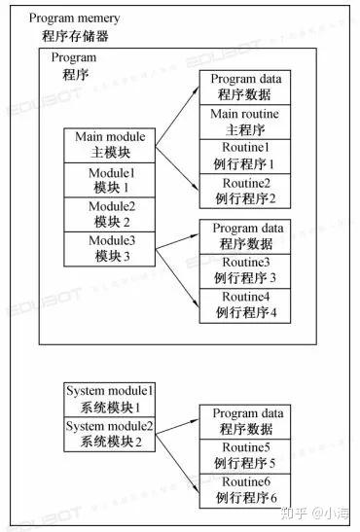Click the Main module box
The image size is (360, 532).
pyautogui.click(x=110, y=145)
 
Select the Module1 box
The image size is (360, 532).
pyautogui.click(x=110, y=180)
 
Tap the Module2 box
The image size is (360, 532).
pyautogui.click(x=110, y=214)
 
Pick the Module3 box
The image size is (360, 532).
pyautogui.click(x=110, y=249)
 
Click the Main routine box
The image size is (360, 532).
pyautogui.click(x=245, y=122)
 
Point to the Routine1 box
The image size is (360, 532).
pyautogui.click(x=245, y=157)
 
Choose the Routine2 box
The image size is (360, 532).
pyautogui.click(x=245, y=191)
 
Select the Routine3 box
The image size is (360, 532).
pyautogui.click(x=245, y=271)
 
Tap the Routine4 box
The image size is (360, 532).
pyautogui.click(x=245, y=305)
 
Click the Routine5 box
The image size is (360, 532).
pyautogui.click(x=245, y=456)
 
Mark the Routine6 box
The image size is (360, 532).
pyautogui.click(x=245, y=491)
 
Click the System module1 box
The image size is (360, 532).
pyautogui.click(x=110, y=400)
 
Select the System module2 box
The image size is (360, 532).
pyautogui.click(x=110, y=435)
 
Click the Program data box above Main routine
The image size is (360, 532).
pyautogui.click(x=245, y=88)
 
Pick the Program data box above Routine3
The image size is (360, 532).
pyautogui.click(x=245, y=236)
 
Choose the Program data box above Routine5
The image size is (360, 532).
pyautogui.click(x=245, y=422)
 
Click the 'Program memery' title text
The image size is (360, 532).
pyautogui.click(x=74, y=18)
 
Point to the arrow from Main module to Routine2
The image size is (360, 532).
pyautogui.click(x=177, y=168)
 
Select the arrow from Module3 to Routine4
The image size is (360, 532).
pyautogui.click(x=177, y=278)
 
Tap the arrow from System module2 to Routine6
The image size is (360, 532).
pyautogui.click(x=177, y=464)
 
